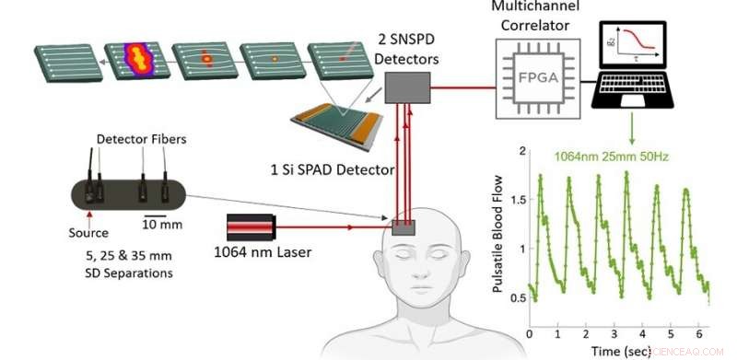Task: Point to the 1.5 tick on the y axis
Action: (x=520, y=199)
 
